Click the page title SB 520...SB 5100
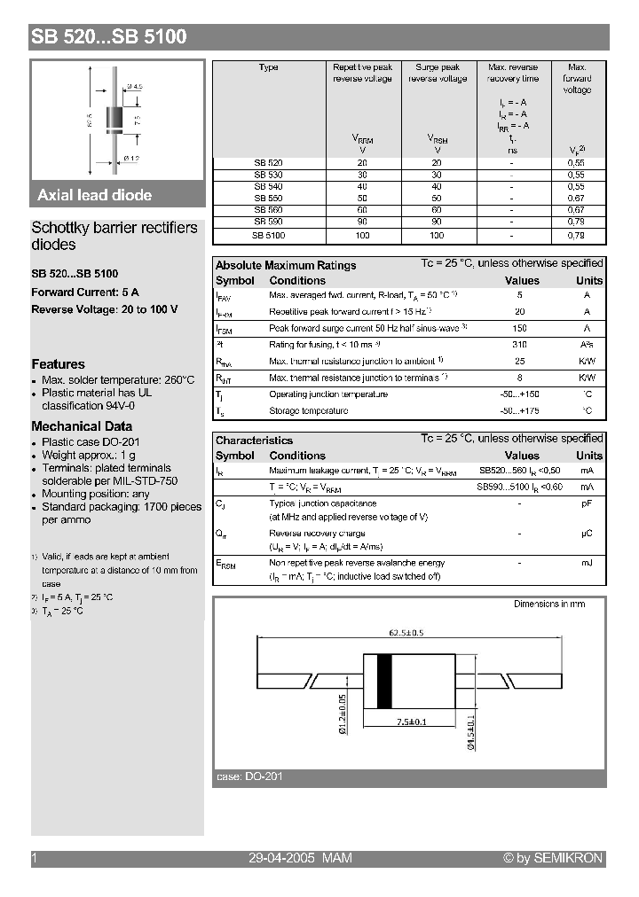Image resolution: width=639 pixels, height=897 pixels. pyautogui.click(x=109, y=37)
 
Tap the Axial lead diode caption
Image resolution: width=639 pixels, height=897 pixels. pyautogui.click(x=94, y=195)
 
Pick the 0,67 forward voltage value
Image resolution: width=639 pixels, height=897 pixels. pyautogui.click(x=576, y=199)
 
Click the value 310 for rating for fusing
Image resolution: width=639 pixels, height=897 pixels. pyautogui.click(x=520, y=345)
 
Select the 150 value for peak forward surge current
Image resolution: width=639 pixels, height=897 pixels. pyautogui.click(x=520, y=328)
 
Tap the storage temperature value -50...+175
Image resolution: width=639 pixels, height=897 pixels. pyautogui.click(x=520, y=410)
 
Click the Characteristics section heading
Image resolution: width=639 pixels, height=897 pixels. pyautogui.click(x=254, y=440)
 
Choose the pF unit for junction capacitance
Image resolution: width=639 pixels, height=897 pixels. pyautogui.click(x=587, y=503)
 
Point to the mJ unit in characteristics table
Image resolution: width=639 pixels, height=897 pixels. pyautogui.click(x=587, y=563)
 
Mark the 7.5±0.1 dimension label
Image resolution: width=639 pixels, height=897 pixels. pyautogui.click(x=410, y=722)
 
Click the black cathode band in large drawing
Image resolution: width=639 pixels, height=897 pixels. pyautogui.click(x=384, y=681)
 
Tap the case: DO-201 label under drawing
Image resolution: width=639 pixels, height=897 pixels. pyautogui.click(x=249, y=776)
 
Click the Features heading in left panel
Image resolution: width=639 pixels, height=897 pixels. pyautogui.click(x=59, y=364)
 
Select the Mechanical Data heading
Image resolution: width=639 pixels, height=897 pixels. pyautogui.click(x=82, y=426)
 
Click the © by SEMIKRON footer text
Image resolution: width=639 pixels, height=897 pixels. pyautogui.click(x=552, y=858)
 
